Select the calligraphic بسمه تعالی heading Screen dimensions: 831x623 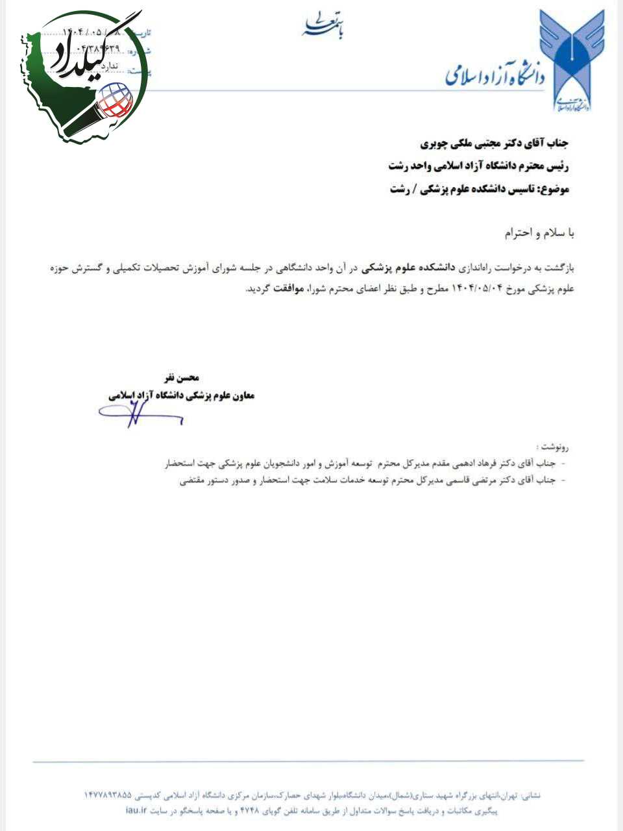(x=323, y=26)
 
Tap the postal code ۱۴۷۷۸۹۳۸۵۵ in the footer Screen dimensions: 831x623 (x=108, y=795)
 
